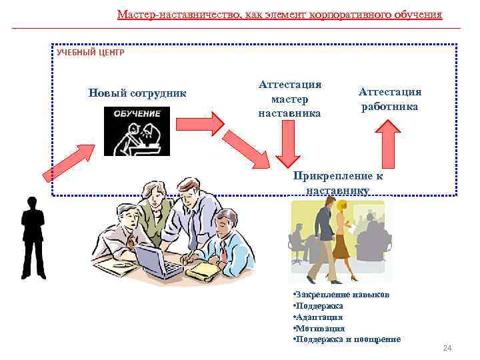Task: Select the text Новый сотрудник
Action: tap(137, 93)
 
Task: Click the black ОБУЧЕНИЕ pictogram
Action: tap(137, 131)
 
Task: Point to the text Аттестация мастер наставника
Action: tap(289, 99)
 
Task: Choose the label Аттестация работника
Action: tap(389, 99)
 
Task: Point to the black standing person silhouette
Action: tap(32, 237)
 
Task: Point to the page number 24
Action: tap(447, 349)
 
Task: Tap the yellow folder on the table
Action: tap(204, 269)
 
